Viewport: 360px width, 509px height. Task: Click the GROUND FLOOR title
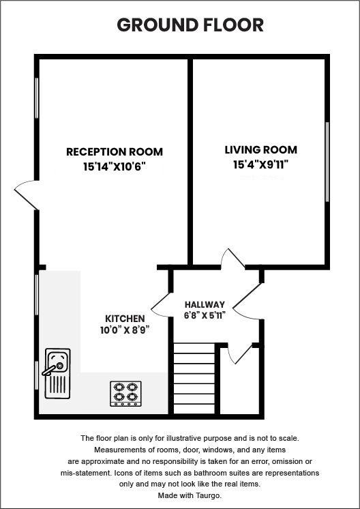pyautogui.click(x=190, y=26)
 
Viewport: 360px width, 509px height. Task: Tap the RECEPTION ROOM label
pyautogui.click(x=115, y=152)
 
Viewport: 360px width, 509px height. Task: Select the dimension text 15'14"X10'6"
pyautogui.click(x=115, y=166)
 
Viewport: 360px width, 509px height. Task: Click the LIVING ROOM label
pyautogui.click(x=261, y=150)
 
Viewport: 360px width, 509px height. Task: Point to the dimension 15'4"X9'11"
pyautogui.click(x=261, y=164)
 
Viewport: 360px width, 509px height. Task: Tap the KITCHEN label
pyautogui.click(x=125, y=319)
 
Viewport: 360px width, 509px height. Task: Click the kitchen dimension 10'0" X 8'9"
pyautogui.click(x=125, y=330)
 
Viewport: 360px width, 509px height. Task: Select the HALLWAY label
pyautogui.click(x=205, y=304)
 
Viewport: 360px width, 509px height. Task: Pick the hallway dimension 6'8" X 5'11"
pyautogui.click(x=205, y=316)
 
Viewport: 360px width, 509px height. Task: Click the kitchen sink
pyautogui.click(x=57, y=373)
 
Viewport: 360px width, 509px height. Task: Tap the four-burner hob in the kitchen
pyautogui.click(x=126, y=394)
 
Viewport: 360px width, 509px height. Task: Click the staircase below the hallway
pyautogui.click(x=194, y=379)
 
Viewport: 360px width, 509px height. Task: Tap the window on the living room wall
pyautogui.click(x=327, y=162)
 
